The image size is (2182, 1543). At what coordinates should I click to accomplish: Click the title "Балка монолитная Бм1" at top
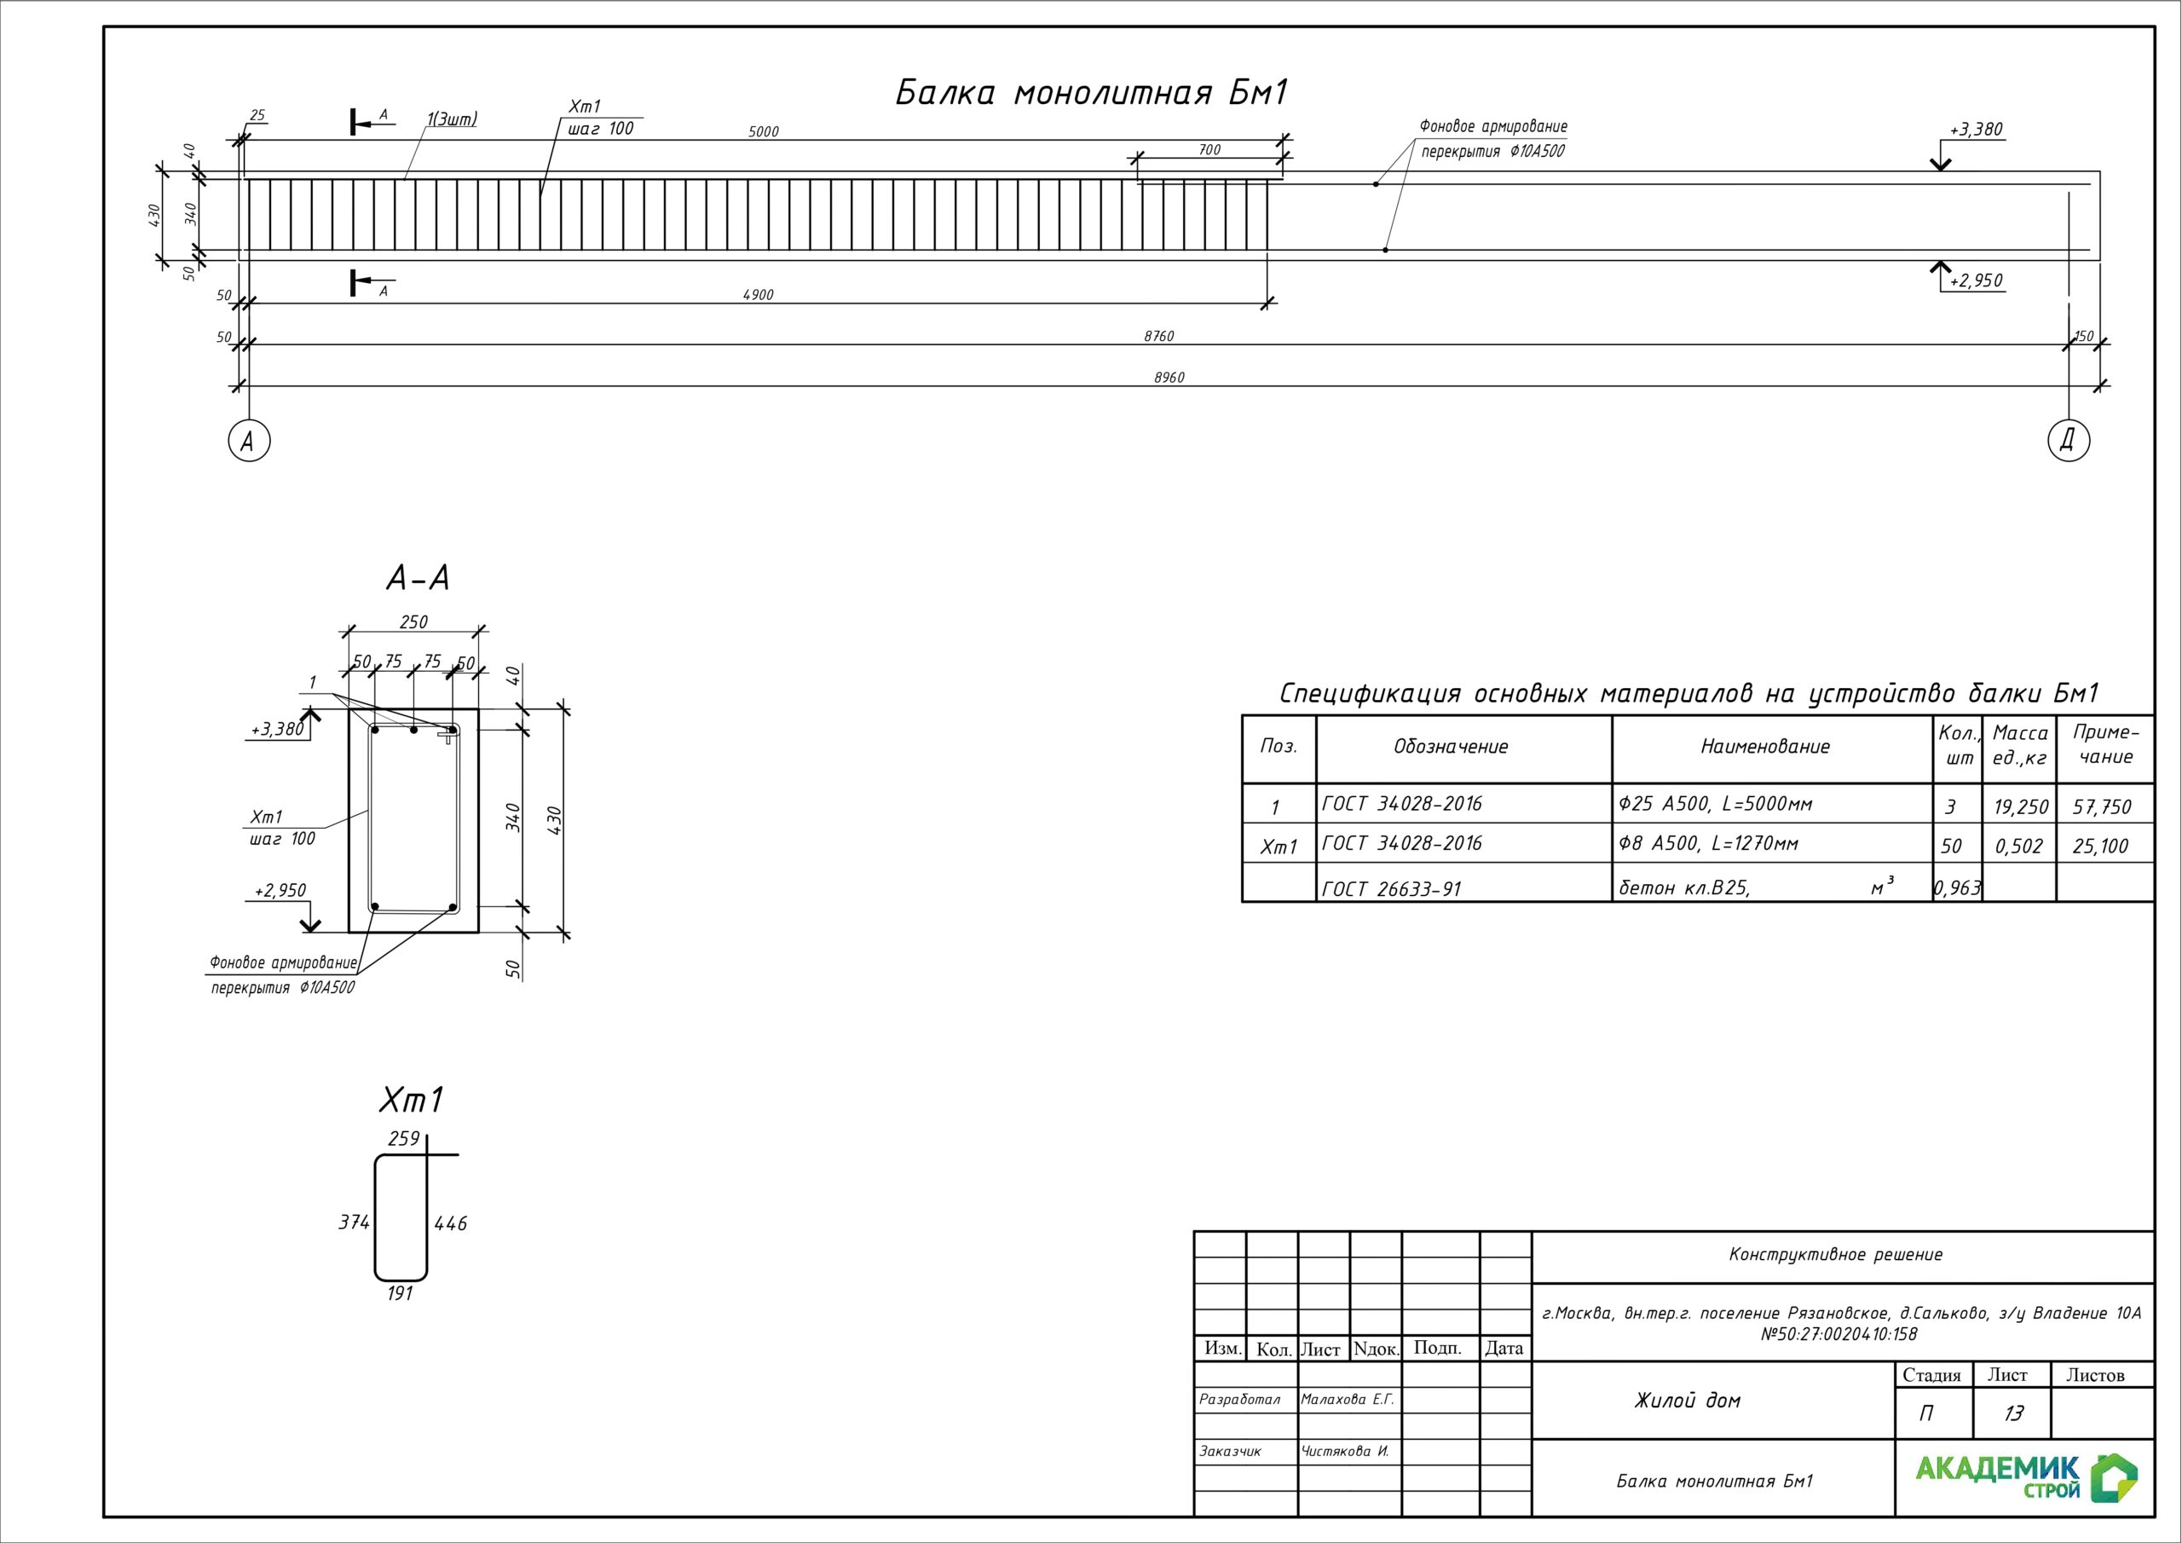point(1091,93)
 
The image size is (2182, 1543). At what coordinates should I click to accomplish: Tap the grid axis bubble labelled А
point(249,440)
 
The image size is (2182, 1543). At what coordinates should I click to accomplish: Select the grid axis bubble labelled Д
point(2068,440)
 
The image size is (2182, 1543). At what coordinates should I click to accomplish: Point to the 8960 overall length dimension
point(1169,378)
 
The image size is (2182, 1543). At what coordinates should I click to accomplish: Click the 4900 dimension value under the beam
point(758,295)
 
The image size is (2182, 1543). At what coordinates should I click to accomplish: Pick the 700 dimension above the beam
point(1209,149)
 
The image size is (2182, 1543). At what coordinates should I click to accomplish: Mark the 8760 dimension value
point(1158,336)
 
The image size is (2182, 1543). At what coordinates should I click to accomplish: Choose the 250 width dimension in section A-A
point(413,621)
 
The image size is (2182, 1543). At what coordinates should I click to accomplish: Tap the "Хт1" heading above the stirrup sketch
point(412,1100)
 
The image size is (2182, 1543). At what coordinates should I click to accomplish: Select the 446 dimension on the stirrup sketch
point(451,1223)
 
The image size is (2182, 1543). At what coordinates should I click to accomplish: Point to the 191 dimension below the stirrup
point(400,1294)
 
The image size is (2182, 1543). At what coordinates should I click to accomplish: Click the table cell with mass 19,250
point(2020,807)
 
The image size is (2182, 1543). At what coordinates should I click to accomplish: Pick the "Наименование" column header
point(1765,746)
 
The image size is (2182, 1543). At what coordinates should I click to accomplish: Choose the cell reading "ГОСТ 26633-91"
point(1391,889)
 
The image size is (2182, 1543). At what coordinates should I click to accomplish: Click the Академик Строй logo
point(2026,1477)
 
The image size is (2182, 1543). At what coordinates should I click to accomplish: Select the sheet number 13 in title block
point(2013,1413)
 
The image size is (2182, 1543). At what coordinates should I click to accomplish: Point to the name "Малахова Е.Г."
point(1347,1400)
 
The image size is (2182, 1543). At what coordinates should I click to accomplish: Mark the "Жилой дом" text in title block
point(1687,1401)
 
